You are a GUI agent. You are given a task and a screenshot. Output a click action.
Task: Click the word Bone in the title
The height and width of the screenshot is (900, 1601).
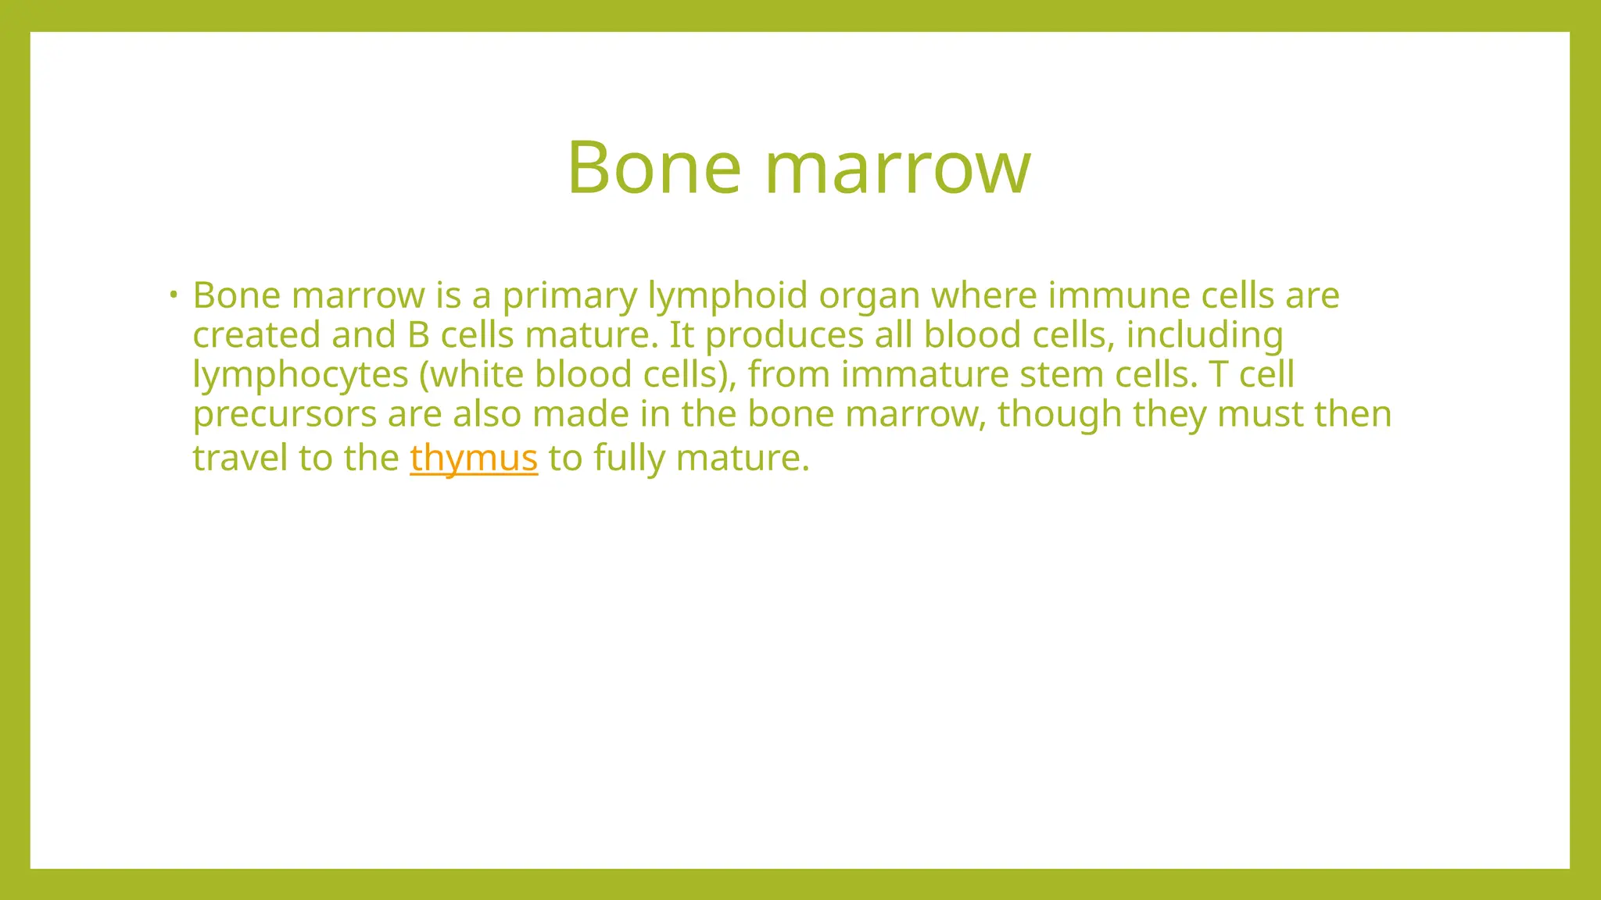654,167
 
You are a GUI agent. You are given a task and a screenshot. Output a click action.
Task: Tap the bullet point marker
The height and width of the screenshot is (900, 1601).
173,295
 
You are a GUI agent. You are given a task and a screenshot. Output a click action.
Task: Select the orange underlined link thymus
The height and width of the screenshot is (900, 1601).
474,458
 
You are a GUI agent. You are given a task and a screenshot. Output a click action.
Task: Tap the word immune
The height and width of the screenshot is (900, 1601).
1119,295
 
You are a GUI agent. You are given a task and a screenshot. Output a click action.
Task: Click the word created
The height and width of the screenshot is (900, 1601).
256,335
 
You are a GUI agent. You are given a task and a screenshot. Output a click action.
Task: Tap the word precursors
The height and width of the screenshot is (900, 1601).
285,415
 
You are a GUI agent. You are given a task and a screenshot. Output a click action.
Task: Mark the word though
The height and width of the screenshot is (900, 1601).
1059,415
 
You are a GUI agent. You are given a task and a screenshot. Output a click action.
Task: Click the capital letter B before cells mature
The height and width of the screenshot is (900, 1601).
418,335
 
